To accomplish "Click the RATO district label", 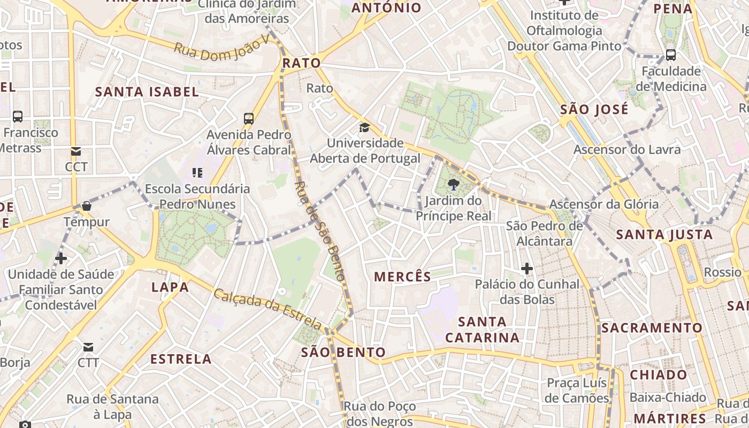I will pos(302,63).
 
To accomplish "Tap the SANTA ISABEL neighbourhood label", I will pos(147,91).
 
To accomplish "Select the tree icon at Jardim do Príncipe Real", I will pos(454,185).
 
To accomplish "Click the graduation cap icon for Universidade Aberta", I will pos(364,127).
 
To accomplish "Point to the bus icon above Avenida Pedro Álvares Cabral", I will pos(249,118).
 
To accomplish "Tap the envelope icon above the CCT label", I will pos(75,151).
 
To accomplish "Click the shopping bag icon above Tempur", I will pos(87,206).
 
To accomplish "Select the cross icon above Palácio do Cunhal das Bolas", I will pos(527,268).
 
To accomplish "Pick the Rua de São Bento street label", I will pos(319,231).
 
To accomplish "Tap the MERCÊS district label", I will pos(402,277).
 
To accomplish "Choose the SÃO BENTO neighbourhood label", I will pos(343,352).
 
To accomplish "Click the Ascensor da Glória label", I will pos(604,204).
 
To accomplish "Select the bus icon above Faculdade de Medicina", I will pos(670,55).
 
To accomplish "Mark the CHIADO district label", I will pos(658,374).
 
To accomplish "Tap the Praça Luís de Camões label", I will pos(577,391).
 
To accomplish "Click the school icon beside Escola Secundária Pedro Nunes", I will pos(197,172).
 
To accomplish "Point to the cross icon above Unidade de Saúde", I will pos(61,258).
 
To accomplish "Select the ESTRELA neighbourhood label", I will pos(181,358).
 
